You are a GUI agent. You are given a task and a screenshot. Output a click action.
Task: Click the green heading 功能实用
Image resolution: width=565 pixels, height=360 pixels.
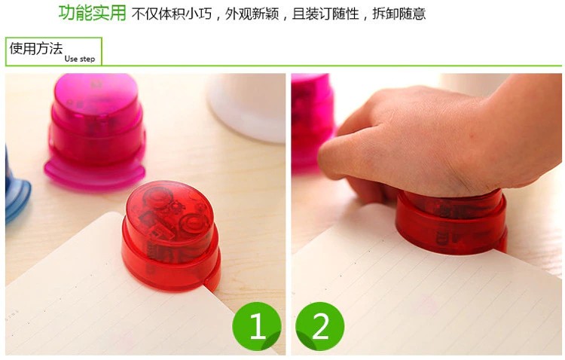tap(92, 13)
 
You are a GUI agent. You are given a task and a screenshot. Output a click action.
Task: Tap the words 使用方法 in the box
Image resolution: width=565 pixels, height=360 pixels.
tap(36, 48)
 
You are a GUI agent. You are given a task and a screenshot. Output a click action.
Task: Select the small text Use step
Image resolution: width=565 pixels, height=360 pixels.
tap(80, 59)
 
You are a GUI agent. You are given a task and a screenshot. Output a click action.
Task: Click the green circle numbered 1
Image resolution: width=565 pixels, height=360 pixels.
tap(257, 326)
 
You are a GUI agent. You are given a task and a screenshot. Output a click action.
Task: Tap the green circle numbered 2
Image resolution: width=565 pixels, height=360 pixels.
tap(319, 326)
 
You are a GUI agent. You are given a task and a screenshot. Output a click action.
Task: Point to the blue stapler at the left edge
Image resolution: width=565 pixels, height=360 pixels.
tap(17, 188)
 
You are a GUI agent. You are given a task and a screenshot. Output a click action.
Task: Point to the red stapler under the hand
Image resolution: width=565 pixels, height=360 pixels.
tap(451, 224)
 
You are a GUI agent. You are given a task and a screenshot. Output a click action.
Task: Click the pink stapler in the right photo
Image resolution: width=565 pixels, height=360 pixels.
tap(312, 123)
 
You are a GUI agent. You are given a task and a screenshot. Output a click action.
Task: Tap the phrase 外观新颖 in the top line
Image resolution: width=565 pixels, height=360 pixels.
tap(252, 14)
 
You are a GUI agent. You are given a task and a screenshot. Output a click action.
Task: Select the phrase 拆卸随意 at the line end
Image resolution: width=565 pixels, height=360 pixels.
tap(399, 14)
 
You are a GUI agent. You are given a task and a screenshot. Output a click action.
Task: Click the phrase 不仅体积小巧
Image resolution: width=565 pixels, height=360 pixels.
tap(172, 14)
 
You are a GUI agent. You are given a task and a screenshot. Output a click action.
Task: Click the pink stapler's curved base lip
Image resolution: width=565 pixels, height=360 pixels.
tap(94, 175)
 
